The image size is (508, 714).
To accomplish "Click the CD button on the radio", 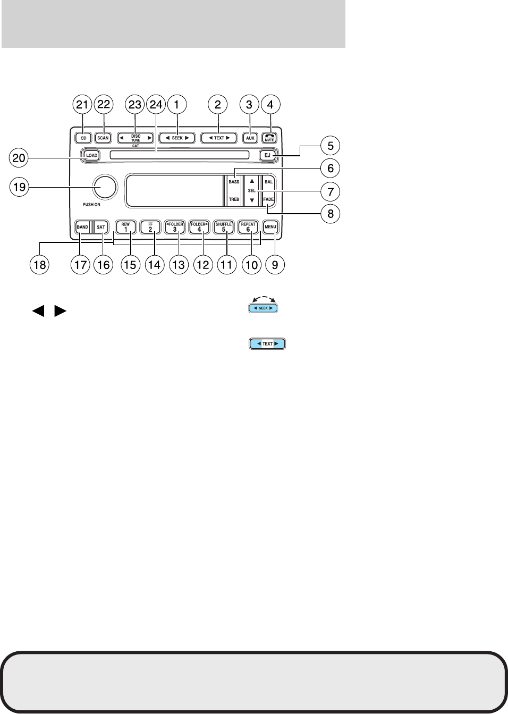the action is (x=83, y=138).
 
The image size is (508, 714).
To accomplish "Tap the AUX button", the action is (x=250, y=138).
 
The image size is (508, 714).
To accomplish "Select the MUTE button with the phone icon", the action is (x=269, y=137).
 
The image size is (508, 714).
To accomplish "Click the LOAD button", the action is (x=91, y=155).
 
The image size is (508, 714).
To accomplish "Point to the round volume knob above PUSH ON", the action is (x=104, y=187).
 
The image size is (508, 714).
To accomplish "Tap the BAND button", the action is (x=82, y=227).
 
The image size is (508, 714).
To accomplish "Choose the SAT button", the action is (x=101, y=227).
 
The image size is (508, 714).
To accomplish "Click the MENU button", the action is (x=270, y=227).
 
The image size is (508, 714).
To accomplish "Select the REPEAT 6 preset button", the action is (x=248, y=227).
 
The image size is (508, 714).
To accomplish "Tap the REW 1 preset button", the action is (x=126, y=227).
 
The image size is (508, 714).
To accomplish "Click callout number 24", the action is (x=156, y=105).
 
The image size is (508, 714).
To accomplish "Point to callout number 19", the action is (x=19, y=187).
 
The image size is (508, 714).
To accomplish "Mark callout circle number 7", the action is (x=331, y=191).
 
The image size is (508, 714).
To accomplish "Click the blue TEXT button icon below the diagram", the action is (x=267, y=344).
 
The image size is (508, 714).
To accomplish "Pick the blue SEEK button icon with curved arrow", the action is (x=263, y=308).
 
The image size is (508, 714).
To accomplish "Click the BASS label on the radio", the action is (x=234, y=182).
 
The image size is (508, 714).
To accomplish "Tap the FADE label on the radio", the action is (x=269, y=199).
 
